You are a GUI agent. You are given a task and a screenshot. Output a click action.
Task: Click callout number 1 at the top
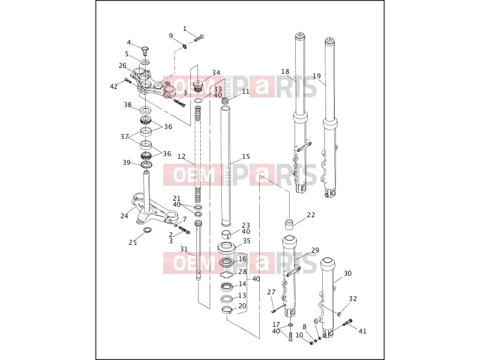click(185, 29)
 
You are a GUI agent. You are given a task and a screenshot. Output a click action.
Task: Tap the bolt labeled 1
click(199, 39)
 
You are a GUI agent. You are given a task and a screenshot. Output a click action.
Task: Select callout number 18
click(285, 72)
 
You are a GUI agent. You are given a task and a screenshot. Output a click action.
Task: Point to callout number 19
click(317, 76)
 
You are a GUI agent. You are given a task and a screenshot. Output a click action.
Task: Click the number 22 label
click(311, 215)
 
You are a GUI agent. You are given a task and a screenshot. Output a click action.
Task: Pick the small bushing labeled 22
click(290, 224)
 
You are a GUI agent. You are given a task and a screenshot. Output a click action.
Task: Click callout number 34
click(216, 72)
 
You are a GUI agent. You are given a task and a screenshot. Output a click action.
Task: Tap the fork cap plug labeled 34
click(199, 85)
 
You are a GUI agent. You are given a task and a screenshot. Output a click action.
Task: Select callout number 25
click(132, 243)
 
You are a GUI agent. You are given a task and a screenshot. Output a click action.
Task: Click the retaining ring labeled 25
click(147, 230)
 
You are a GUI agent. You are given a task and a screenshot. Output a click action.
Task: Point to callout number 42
click(114, 87)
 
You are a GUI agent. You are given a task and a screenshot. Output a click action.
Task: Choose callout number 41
click(362, 331)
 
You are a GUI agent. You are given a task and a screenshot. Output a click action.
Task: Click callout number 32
click(353, 298)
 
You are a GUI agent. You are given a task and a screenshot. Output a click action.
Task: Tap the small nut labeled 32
click(339, 314)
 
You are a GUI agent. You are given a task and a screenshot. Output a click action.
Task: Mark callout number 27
click(271, 292)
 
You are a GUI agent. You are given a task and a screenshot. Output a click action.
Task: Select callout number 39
click(126, 163)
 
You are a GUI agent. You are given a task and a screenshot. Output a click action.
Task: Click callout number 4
click(129, 42)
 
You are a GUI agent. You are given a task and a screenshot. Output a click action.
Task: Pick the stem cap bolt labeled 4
click(146, 50)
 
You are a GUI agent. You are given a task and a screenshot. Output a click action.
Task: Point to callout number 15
click(246, 157)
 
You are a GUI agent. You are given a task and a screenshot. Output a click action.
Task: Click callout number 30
click(348, 273)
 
